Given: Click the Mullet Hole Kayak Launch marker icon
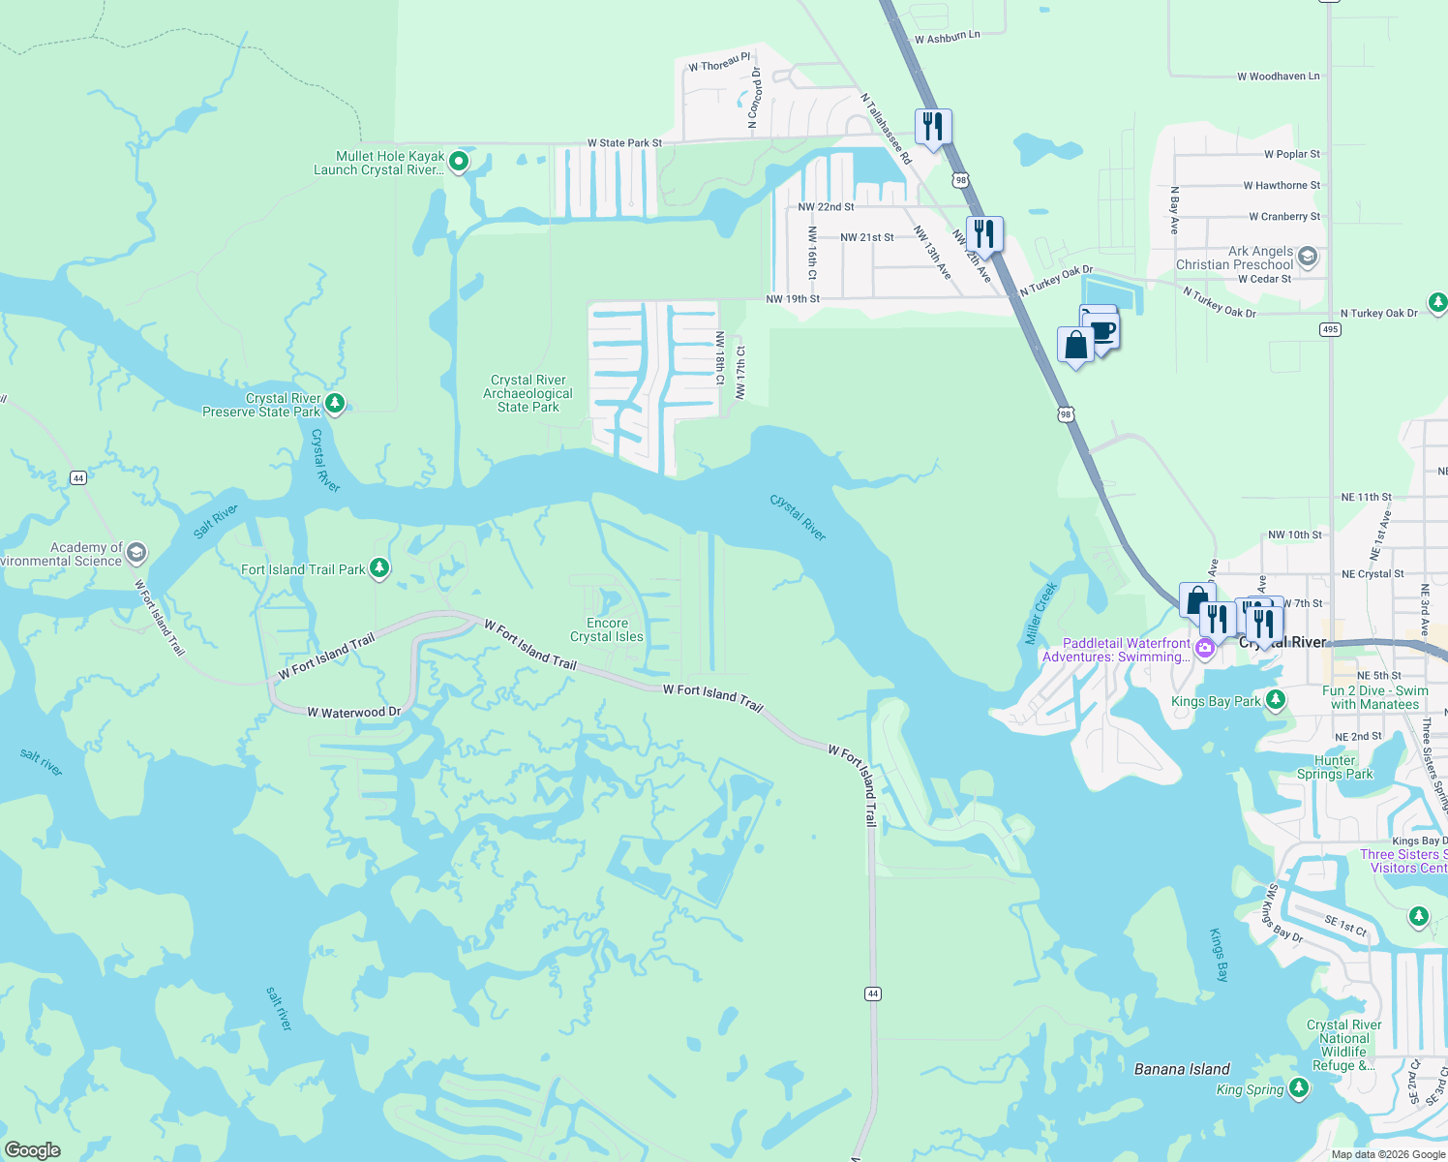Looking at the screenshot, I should (460, 161).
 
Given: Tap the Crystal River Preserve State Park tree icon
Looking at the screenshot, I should (335, 403).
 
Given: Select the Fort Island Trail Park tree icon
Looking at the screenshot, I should (379, 567).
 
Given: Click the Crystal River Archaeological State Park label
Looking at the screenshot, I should (528, 394).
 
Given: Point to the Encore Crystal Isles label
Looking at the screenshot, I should (607, 630).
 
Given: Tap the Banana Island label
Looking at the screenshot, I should (1182, 1069).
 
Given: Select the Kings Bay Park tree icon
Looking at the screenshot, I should (1276, 699).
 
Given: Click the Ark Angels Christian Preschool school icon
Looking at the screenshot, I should (1308, 257).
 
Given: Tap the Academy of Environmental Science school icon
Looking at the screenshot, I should (136, 553).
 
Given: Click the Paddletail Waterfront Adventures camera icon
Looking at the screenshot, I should (1205, 649).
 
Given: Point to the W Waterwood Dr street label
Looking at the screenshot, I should (354, 713).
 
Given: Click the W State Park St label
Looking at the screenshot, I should (624, 143).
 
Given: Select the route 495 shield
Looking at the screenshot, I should (1330, 329).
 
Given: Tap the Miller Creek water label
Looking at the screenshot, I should (1041, 614).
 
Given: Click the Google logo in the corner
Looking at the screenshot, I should (33, 1150).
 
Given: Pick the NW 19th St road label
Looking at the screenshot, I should (793, 299).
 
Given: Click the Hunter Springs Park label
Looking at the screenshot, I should (1335, 767).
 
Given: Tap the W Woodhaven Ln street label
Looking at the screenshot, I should (1278, 76).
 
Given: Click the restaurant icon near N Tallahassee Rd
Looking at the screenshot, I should (933, 127).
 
